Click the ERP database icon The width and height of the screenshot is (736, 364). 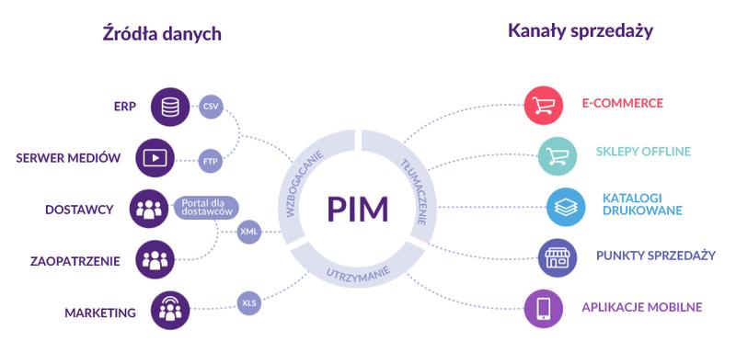tap(169, 106)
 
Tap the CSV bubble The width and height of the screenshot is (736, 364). tap(212, 106)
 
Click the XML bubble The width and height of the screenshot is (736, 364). tap(249, 231)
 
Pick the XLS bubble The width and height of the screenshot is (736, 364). tap(249, 301)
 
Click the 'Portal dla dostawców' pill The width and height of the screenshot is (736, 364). tap(205, 208)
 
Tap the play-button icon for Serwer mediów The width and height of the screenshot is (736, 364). tap(155, 157)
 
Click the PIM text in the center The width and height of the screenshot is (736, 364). tap(358, 209)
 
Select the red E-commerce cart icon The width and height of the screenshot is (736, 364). tap(543, 104)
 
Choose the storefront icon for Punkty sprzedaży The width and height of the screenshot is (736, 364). tap(558, 256)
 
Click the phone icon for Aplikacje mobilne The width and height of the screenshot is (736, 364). tap(543, 308)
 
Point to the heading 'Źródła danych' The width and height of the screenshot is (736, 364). tap(162, 34)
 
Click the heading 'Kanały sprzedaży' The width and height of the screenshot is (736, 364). tap(580, 31)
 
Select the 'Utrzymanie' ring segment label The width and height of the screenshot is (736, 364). tap(358, 273)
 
